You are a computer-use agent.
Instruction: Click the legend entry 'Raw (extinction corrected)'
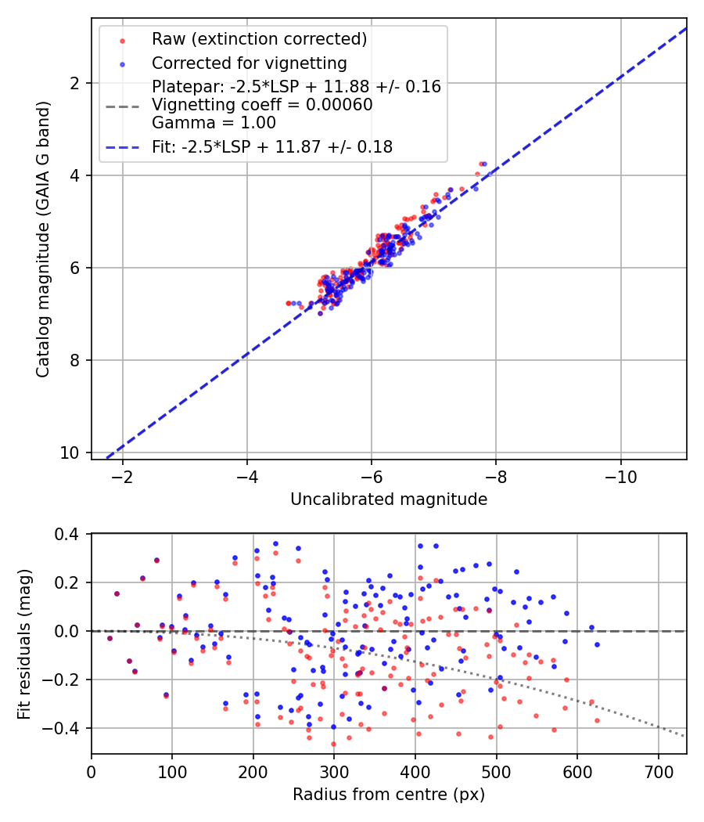259,39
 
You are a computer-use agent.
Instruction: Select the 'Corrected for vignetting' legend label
250,63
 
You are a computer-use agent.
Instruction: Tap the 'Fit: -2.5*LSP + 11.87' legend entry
272,146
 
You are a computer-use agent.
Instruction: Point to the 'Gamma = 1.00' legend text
214,122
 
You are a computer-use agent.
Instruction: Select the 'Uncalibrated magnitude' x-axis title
389,499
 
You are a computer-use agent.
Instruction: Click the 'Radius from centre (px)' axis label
389,795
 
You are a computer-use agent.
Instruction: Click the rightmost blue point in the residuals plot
597,644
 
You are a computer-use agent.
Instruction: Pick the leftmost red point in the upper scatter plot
288,303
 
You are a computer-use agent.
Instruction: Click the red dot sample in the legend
122,39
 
